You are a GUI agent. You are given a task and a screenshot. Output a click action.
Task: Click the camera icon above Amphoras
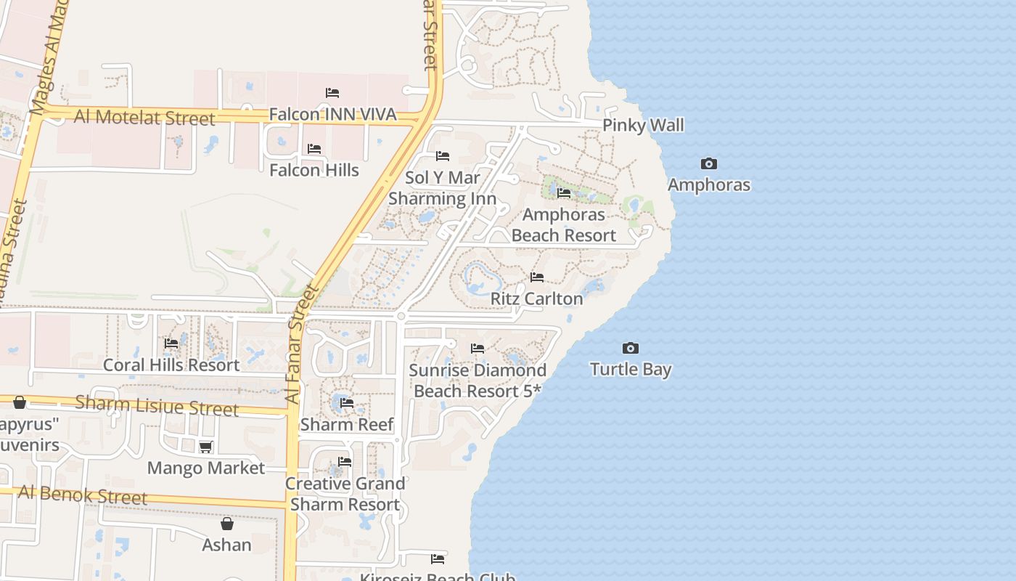tap(709, 164)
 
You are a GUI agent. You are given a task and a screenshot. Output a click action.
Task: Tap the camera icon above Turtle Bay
tap(631, 349)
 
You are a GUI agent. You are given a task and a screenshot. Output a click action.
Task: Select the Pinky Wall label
tap(643, 126)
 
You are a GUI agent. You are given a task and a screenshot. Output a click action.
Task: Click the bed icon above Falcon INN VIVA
tap(332, 93)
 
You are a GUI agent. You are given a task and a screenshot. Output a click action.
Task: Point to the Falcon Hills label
tap(314, 170)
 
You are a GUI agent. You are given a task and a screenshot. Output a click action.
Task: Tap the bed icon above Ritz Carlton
tap(537, 277)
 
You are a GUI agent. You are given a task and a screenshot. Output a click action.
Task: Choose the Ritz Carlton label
tap(537, 298)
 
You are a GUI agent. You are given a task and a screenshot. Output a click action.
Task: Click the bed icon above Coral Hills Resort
tap(171, 344)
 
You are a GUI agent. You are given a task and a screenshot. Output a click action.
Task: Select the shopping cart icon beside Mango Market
tap(206, 447)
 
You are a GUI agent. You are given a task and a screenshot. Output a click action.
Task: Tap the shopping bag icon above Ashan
tap(227, 524)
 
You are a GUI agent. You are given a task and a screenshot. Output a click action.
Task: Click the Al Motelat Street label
tap(145, 117)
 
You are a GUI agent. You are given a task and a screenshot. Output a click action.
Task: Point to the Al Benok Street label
tap(83, 495)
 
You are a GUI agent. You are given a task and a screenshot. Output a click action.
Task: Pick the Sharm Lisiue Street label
tap(157, 405)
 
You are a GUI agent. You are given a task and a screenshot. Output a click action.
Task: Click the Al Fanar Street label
tap(303, 345)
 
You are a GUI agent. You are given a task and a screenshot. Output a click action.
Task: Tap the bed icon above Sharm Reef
tap(347, 403)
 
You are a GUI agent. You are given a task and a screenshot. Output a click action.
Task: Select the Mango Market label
tap(206, 468)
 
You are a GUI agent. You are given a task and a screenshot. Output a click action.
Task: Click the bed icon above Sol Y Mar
tap(443, 156)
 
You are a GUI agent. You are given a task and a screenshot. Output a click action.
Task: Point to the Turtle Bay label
tap(631, 370)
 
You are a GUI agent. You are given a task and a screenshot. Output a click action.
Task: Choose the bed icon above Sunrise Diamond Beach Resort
tap(478, 349)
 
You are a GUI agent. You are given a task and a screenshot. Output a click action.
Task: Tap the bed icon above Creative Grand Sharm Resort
tap(345, 462)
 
